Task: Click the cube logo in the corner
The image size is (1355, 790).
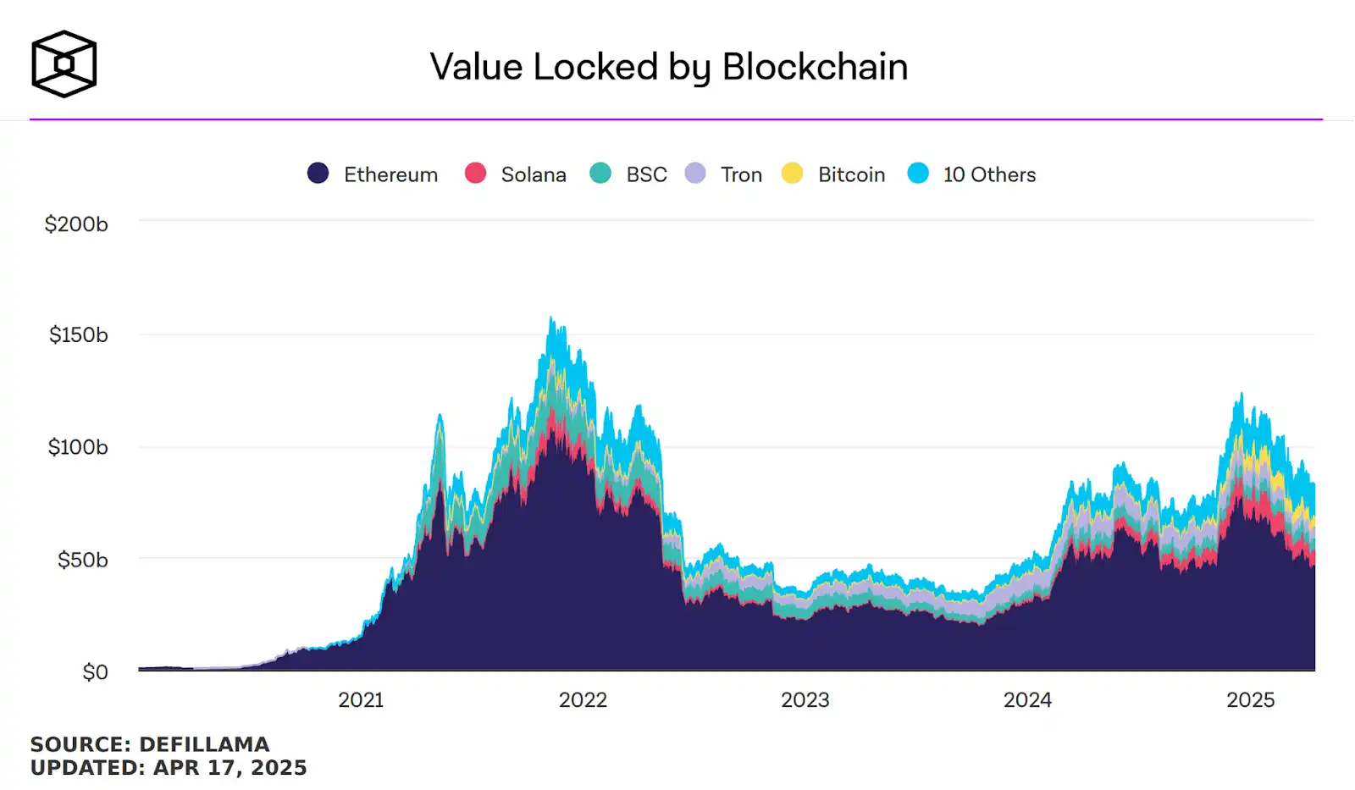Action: coord(64,64)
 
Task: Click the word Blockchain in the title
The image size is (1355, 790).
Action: coord(815,67)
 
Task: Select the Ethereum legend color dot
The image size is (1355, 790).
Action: coord(318,174)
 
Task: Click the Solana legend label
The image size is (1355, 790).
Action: coord(534,174)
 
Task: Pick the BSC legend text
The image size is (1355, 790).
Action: coord(646,174)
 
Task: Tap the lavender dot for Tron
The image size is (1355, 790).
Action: coord(695,174)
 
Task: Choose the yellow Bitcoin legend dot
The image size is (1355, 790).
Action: coord(792,174)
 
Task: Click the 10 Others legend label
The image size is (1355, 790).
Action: coord(989,174)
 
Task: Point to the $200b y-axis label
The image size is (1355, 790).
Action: coord(76,224)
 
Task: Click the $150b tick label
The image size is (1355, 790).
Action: coord(78,335)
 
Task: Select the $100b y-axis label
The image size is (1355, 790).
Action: coord(78,447)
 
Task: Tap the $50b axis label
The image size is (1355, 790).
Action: coord(82,560)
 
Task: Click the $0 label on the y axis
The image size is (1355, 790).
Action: coord(95,672)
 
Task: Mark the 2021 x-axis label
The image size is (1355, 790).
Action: coord(361,700)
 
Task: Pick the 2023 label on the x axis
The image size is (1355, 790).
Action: coord(805,700)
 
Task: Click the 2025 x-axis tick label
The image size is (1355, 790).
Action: coord(1250,700)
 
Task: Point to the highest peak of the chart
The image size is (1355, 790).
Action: coord(551,318)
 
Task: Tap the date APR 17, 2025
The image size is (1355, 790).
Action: coord(230,768)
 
